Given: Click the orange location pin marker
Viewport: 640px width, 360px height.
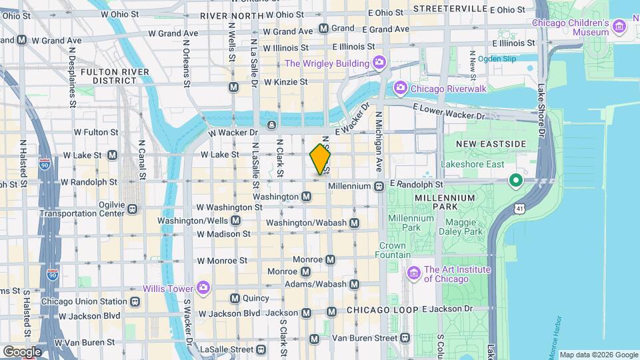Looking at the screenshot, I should pos(320,160).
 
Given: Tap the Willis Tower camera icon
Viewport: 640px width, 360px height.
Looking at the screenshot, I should pos(203,289).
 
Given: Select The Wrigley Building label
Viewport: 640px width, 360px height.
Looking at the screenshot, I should pos(327,64).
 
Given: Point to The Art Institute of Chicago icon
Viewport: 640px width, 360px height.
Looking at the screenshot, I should pos(413,273).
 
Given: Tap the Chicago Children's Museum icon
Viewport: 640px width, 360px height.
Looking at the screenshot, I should pos(620,27).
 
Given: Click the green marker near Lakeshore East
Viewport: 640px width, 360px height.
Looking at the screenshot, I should pos(515,180).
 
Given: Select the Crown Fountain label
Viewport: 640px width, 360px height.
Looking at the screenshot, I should pos(393,250).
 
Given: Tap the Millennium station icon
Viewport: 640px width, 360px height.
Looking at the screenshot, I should pos(377,186).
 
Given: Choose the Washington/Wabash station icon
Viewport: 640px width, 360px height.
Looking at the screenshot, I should pos(354,223).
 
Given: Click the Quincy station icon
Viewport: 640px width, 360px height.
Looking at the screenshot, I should pos(235,298).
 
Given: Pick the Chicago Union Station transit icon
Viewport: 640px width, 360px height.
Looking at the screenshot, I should pos(135,301).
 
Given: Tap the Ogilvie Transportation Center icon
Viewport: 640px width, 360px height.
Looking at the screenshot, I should pos(133,209).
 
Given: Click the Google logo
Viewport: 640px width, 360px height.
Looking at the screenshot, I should pos(21,351).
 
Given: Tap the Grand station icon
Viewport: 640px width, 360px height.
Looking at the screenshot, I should pos(323,28).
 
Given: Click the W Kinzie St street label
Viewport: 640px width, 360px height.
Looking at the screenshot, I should pos(285,82).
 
